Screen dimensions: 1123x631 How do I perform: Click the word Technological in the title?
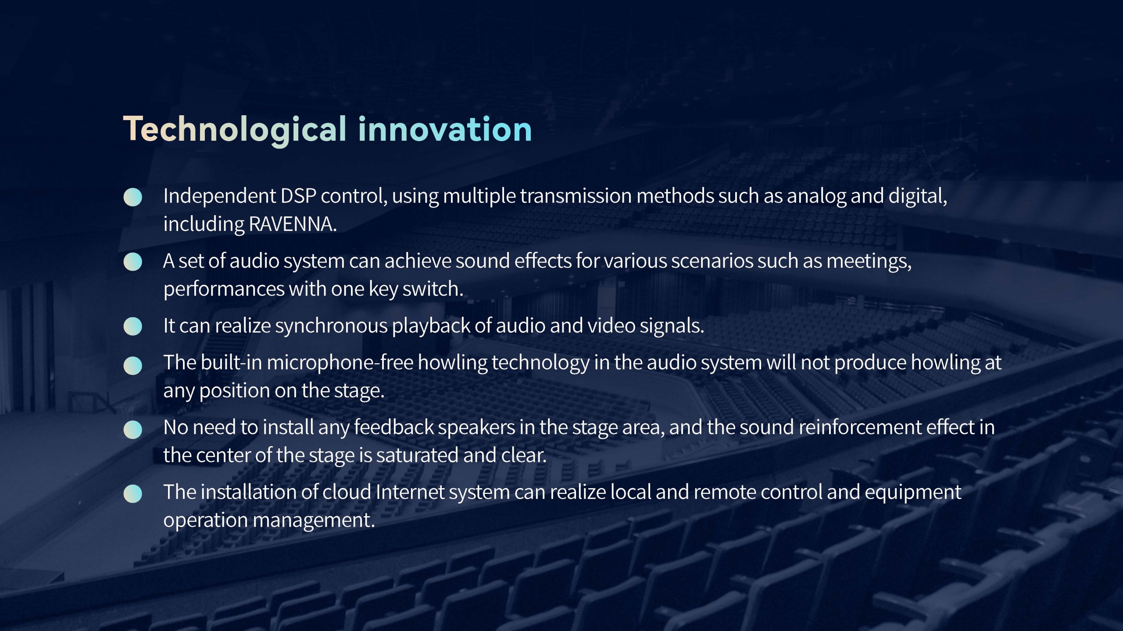coord(235,130)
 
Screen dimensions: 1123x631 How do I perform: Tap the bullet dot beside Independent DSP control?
coord(133,197)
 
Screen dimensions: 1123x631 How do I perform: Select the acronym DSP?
coord(298,196)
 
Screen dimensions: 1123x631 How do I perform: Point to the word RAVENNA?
coord(293,224)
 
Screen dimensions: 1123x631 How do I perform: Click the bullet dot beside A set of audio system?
coord(133,262)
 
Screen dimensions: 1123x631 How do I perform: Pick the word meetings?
coord(869,262)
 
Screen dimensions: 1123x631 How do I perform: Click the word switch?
coord(433,289)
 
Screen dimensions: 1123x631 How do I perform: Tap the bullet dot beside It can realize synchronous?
coord(133,326)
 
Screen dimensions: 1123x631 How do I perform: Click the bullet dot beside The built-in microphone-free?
coord(133,366)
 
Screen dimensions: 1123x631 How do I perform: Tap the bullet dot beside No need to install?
coord(133,430)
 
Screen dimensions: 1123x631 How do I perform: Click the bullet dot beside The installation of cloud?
coord(133,494)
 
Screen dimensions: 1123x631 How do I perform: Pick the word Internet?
coord(410,492)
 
